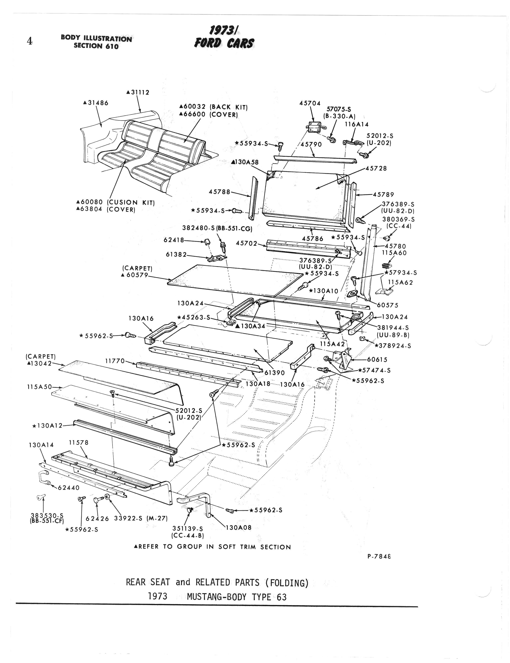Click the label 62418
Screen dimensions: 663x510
(174, 240)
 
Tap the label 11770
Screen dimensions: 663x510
(115, 361)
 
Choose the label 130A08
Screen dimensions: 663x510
(239, 527)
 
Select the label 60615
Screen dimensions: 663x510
(377, 360)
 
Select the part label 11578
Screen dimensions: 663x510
(79, 443)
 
